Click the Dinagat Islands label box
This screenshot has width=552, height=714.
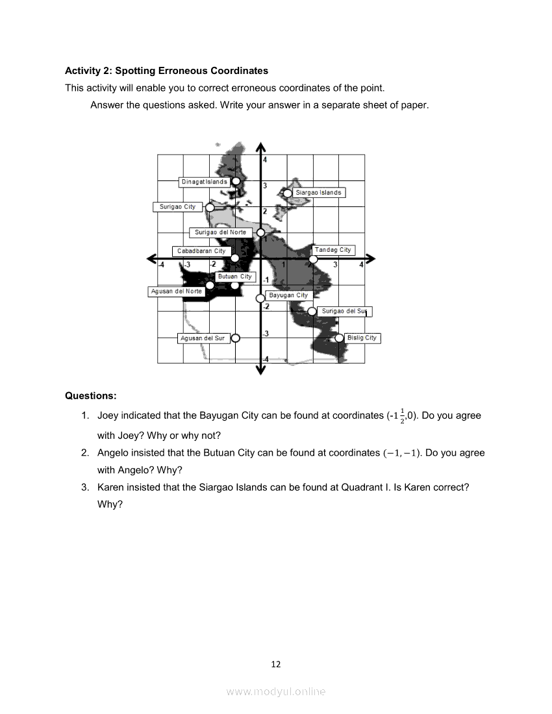204,182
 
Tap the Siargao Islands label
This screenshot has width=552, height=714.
318,193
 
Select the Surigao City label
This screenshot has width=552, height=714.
177,207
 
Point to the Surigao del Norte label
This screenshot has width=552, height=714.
220,232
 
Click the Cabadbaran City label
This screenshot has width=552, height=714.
201,251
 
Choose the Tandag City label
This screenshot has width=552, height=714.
333,250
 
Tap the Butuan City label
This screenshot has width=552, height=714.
234,277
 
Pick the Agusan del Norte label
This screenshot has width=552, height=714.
176,291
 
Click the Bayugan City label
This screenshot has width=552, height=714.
288,295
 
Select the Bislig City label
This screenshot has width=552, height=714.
362,338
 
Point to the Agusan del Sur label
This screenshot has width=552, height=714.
203,338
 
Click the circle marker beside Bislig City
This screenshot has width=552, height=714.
339,338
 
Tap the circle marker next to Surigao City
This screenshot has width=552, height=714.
210,207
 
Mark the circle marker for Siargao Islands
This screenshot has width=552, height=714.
288,193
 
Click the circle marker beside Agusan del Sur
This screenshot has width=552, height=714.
236,338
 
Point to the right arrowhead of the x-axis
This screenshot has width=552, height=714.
371,258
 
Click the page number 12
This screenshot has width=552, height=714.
276,664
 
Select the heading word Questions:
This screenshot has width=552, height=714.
91,395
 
